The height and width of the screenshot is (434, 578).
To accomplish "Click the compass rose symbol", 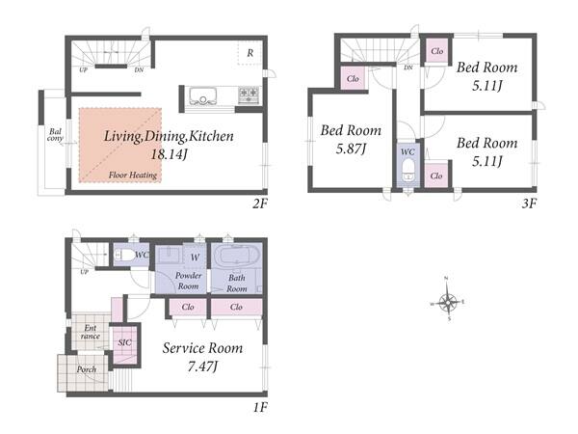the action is [448, 301].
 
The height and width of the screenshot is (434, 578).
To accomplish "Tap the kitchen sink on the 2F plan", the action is [203, 96].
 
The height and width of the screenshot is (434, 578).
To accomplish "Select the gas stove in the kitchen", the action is [249, 95].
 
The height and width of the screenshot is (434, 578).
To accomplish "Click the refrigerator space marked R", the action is [250, 53].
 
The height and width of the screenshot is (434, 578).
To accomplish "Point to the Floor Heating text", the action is [133, 175].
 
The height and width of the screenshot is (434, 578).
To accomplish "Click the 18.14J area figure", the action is [169, 154].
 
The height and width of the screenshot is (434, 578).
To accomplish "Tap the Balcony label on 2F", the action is [55, 135].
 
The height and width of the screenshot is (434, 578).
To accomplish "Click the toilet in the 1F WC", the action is [124, 255].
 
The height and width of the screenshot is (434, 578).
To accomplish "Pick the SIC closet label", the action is [124, 342].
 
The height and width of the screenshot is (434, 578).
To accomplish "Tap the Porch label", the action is [87, 369].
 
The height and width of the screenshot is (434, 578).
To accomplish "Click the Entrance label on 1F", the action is [91, 332].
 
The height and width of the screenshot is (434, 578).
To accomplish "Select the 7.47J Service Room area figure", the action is [202, 366].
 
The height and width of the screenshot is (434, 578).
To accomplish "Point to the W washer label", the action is [195, 258].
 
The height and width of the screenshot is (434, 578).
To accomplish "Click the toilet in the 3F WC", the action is [407, 169].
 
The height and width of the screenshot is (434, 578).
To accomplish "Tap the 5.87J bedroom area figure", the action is [351, 149].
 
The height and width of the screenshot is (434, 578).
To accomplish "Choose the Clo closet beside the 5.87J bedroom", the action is [353, 78].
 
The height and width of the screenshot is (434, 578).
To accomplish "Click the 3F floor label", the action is [529, 203].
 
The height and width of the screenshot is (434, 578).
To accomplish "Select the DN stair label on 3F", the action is [408, 68].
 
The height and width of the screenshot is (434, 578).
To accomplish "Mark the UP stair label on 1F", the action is [84, 272].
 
